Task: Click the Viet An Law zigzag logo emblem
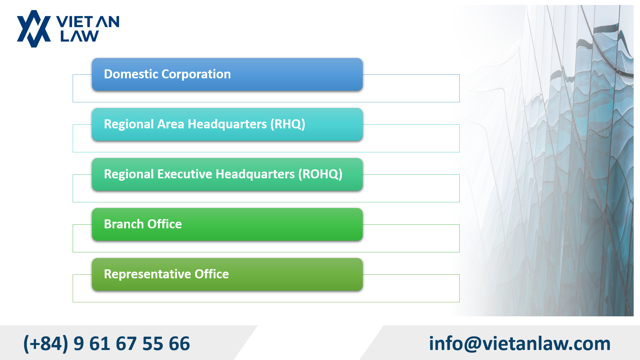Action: coord(34,29)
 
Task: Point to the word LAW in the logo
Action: coord(79,36)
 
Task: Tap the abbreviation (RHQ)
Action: coord(288,124)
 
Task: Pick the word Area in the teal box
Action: coord(171,124)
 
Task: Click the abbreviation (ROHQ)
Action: coord(320,174)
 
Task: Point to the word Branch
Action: coord(124,224)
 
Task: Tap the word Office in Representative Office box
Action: coord(212,274)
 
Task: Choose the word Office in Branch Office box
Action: coord(165,224)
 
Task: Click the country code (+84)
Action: coord(46,343)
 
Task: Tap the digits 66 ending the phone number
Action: coord(179,344)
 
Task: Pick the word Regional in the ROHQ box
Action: coord(129,174)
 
